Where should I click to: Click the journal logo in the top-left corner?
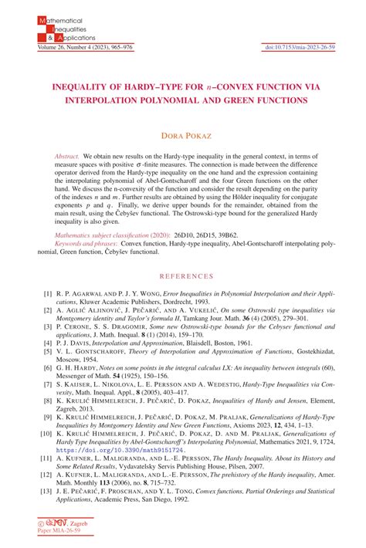coord(58,25)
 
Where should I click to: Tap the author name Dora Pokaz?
coord(183,136)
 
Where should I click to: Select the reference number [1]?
coord(48,294)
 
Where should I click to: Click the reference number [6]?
coord(48,369)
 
